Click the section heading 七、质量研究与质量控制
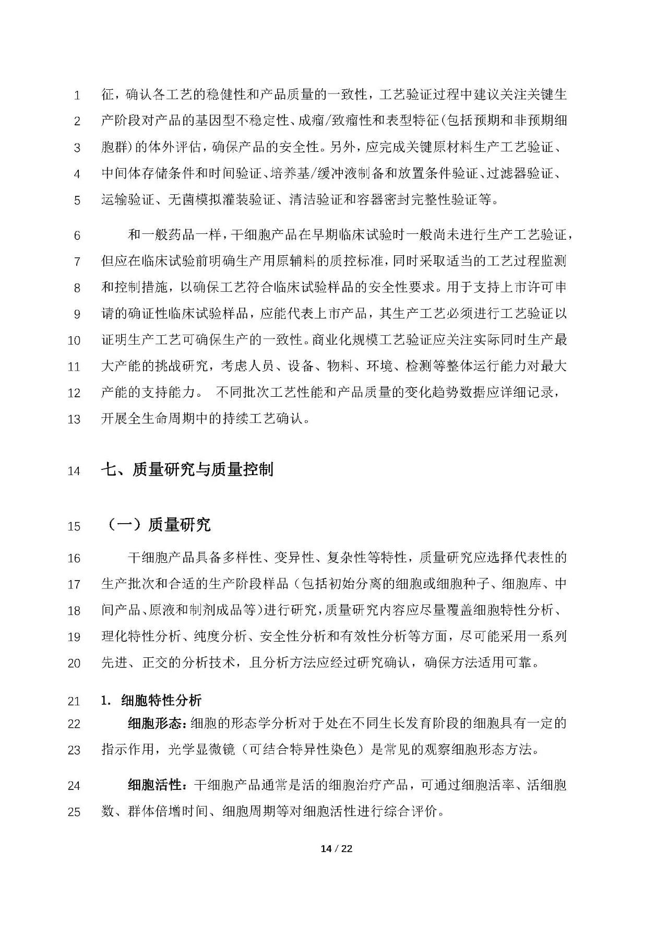187,470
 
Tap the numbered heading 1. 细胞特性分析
151,701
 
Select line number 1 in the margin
77,96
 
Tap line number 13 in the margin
74,419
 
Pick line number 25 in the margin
74,812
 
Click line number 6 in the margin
77,235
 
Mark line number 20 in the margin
74,663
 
